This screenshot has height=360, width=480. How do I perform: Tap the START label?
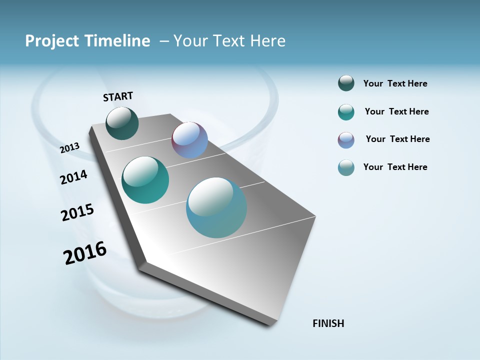click(118, 96)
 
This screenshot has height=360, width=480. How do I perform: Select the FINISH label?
click(328, 323)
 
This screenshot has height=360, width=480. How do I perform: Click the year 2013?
click(69, 148)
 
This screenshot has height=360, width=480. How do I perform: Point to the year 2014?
click(73, 177)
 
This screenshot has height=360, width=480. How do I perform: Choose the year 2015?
click(77, 212)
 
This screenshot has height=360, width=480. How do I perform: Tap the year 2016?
click(85, 253)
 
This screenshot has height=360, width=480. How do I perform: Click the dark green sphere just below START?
click(122, 123)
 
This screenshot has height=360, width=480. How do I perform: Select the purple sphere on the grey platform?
click(189, 140)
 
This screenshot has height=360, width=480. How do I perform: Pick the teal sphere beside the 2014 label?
click(145, 180)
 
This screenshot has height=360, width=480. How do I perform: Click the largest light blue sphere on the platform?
click(216, 207)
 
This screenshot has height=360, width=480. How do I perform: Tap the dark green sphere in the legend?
click(346, 83)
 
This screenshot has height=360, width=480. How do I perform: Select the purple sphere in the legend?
click(346, 140)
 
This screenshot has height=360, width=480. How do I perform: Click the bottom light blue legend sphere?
click(346, 167)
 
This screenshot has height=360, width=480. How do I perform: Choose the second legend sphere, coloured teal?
click(346, 112)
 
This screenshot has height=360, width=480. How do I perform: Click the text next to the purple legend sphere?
click(397, 139)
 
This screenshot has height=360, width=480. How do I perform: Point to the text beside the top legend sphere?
click(395, 83)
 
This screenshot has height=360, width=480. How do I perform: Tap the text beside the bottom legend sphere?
click(395, 167)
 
